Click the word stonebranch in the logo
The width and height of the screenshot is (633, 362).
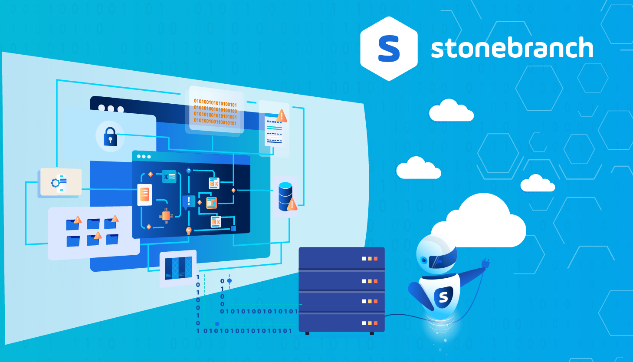[512, 48]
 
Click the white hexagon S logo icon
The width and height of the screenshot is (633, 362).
[389, 49]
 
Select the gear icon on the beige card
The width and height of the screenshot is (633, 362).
[56, 183]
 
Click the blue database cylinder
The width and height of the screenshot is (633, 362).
[285, 196]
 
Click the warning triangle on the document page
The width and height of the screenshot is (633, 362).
[282, 116]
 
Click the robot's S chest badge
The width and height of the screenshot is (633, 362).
[443, 297]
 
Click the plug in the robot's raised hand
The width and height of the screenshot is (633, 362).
[485, 263]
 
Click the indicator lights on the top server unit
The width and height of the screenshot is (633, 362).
[370, 259]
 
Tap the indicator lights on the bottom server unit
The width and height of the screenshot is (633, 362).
[370, 323]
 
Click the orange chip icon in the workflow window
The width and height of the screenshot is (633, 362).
[165, 215]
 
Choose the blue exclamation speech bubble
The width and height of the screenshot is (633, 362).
[188, 202]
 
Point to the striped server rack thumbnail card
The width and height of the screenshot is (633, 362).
[178, 268]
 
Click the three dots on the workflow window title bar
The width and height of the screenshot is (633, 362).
[144, 156]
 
